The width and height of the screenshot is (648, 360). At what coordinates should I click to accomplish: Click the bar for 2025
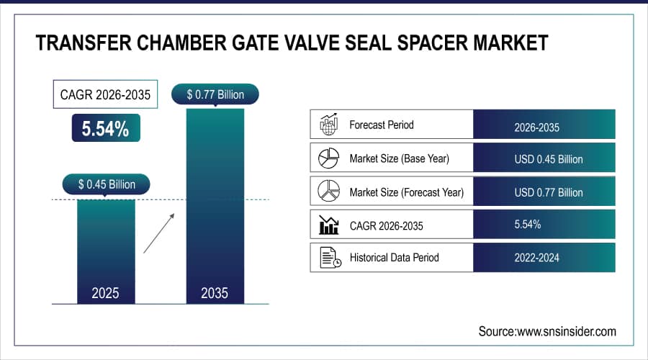(106, 248)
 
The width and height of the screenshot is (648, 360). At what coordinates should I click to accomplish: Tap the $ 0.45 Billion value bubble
(107, 184)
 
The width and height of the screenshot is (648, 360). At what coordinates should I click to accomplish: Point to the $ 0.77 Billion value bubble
(215, 94)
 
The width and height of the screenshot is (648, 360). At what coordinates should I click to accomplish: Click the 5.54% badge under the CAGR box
(105, 129)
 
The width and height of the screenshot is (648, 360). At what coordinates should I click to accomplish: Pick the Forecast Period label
(382, 125)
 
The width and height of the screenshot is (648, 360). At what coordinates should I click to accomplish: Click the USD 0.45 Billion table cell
(544, 159)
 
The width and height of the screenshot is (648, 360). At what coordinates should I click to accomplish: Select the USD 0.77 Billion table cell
(544, 192)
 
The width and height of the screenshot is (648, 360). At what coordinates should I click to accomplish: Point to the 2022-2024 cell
(544, 258)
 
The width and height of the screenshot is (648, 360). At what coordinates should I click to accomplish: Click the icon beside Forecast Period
(328, 125)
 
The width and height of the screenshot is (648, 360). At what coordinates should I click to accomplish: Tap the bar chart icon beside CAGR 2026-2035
(328, 225)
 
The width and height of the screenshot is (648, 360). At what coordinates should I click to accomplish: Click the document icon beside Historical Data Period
(329, 258)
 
